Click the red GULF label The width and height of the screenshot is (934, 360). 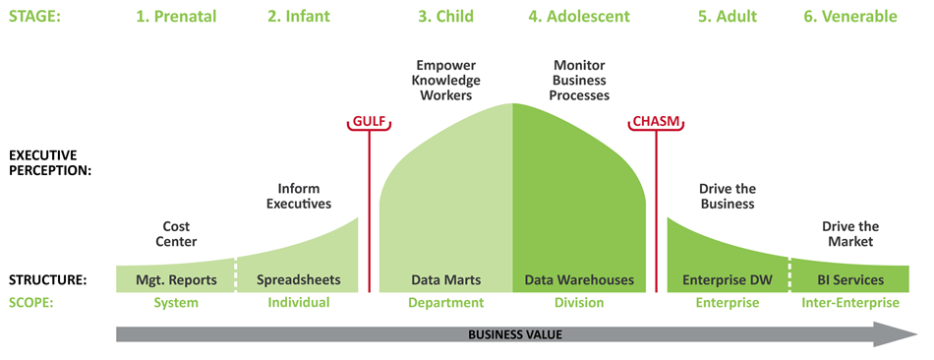[370, 122]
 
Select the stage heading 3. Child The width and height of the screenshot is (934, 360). [445, 16]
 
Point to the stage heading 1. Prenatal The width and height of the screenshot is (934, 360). [176, 16]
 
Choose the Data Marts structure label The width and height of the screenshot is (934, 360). [445, 280]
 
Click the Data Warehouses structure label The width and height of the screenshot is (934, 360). [579, 280]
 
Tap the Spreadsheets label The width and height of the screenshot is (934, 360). [299, 280]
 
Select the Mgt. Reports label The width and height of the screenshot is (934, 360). [175, 280]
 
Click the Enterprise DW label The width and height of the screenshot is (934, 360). [727, 280]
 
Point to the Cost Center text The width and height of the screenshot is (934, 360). [176, 233]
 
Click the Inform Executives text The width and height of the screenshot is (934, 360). [299, 196]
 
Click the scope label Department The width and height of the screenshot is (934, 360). [445, 303]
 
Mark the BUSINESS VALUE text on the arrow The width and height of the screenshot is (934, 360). [515, 334]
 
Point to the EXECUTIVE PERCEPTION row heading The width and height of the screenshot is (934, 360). [50, 162]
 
